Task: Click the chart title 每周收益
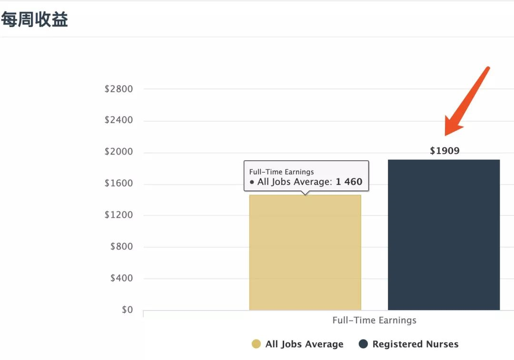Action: pos(34,20)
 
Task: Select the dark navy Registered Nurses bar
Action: pos(444,235)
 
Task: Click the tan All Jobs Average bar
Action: pos(305,253)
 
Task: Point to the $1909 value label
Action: pos(445,151)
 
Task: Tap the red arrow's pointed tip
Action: pos(446,135)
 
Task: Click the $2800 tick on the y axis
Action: pos(119,89)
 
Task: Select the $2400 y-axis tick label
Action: pos(119,120)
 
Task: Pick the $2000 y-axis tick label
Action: pos(119,152)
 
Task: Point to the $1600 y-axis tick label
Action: pos(119,184)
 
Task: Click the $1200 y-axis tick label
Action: pos(119,215)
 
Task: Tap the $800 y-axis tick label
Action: pos(121,246)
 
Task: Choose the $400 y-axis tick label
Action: pos(121,278)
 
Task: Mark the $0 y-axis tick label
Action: pos(127,310)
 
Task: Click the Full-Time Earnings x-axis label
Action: pos(374,320)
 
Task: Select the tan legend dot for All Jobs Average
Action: pos(256,344)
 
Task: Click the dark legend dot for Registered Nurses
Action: pos(363,344)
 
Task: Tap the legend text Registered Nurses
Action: pos(415,344)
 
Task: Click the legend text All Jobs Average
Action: pos(304,344)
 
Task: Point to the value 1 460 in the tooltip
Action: pos(349,182)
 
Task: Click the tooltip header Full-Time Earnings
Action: pos(281,172)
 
